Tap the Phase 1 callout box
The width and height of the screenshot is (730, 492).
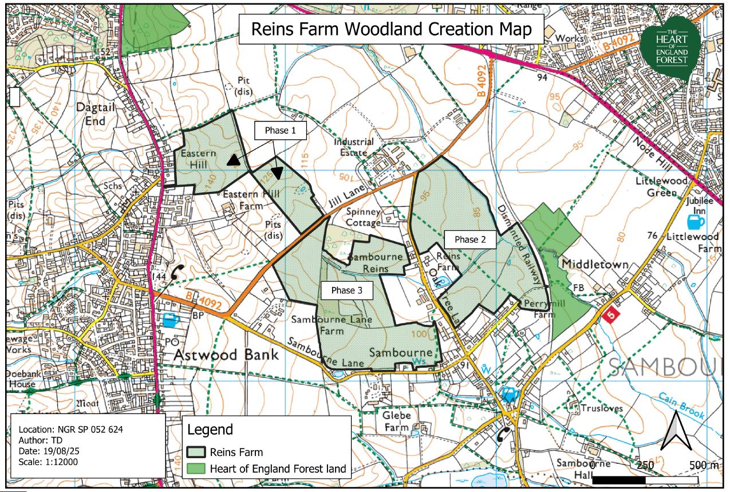(x=280, y=131)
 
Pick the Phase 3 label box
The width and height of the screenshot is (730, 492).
(x=347, y=290)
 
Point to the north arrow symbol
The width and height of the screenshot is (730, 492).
(x=677, y=430)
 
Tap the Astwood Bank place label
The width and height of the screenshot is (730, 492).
(x=226, y=354)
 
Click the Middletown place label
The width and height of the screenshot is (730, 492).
(x=595, y=265)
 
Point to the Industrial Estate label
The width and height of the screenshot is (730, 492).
(x=354, y=147)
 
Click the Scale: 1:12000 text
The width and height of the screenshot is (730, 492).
(x=48, y=462)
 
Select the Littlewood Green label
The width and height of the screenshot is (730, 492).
(x=662, y=187)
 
